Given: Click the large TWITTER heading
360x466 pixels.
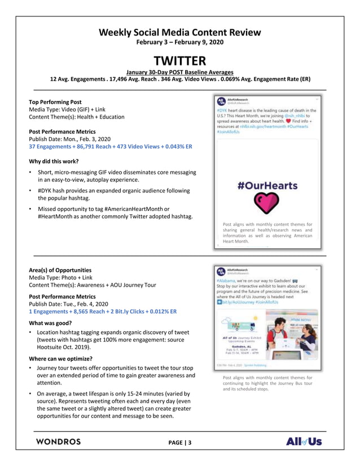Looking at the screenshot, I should (x=180, y=60).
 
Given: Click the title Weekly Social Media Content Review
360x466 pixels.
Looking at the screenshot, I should (x=180, y=33).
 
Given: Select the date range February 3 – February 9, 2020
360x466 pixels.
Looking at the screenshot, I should (x=180, y=43).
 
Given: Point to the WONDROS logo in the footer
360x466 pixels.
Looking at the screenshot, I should (x=58, y=441).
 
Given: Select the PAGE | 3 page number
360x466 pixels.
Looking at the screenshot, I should (x=180, y=443).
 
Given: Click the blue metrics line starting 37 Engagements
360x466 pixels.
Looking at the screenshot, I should (x=111, y=147).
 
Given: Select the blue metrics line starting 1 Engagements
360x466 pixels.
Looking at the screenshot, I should (x=103, y=311).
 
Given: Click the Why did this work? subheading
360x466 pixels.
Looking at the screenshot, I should (x=57, y=161).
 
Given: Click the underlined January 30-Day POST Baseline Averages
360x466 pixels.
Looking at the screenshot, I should (x=179, y=72).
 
